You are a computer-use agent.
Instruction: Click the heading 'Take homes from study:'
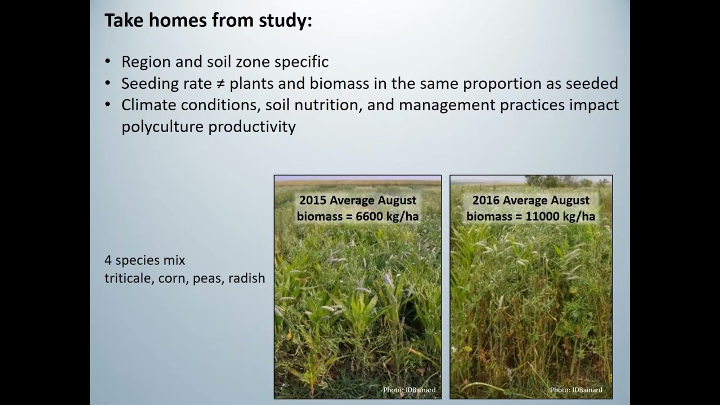208,21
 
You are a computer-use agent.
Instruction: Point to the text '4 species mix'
145,260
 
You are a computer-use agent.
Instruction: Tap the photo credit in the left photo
409,390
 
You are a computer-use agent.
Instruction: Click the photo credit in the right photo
576,390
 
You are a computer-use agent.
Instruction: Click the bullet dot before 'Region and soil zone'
108,62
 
